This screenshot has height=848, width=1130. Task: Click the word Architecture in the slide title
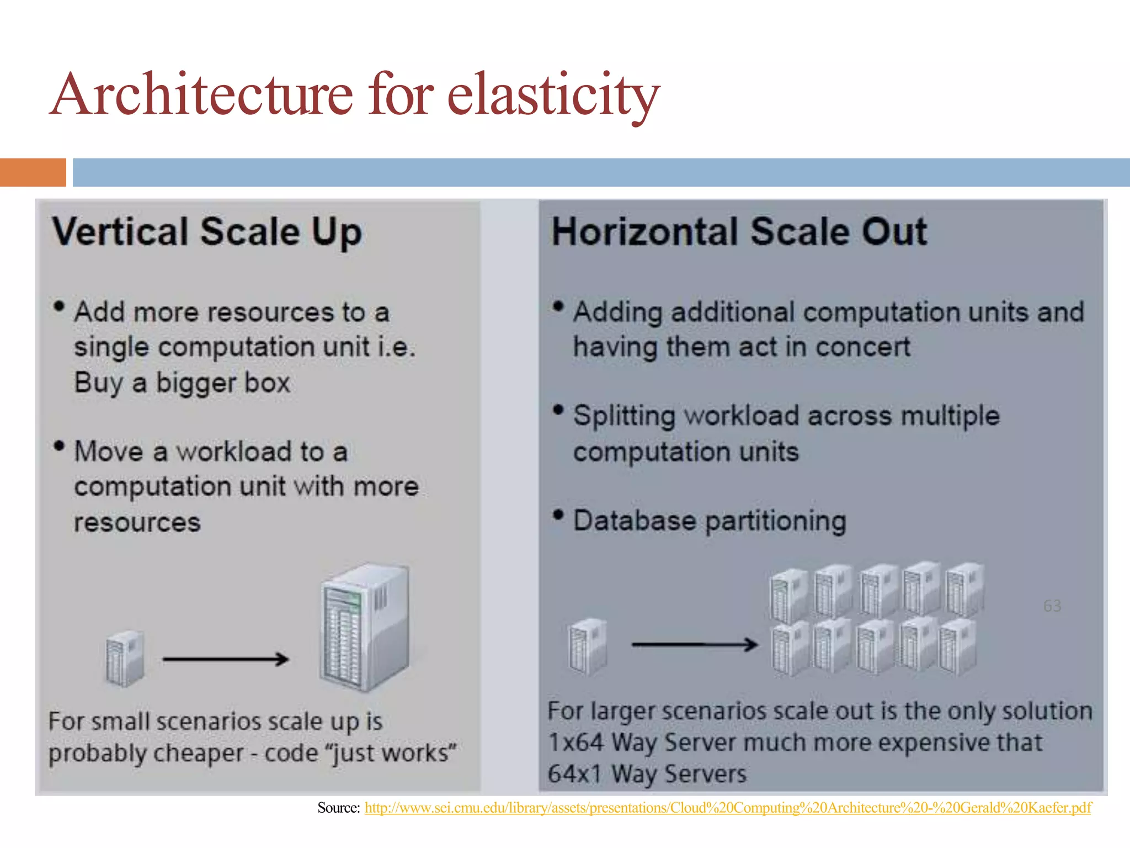point(202,95)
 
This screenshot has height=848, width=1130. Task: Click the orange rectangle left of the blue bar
point(33,172)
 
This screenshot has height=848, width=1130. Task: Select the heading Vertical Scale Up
point(207,231)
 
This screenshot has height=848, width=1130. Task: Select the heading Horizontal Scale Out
point(739,231)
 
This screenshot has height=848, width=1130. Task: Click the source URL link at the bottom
point(727,808)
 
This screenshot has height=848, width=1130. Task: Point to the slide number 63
point(1052,606)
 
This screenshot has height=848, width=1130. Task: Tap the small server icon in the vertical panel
point(125,658)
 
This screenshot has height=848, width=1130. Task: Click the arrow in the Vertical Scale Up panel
point(226,659)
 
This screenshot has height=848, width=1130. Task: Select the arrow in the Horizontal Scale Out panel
point(694,644)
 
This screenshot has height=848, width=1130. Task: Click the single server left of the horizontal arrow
point(587,646)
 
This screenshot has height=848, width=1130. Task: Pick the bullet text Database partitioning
point(709,521)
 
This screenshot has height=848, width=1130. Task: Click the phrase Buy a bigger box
point(182,383)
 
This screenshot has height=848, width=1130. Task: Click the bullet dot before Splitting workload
point(558,410)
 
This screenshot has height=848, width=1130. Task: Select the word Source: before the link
point(339,808)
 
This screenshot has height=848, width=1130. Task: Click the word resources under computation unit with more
point(137,522)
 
